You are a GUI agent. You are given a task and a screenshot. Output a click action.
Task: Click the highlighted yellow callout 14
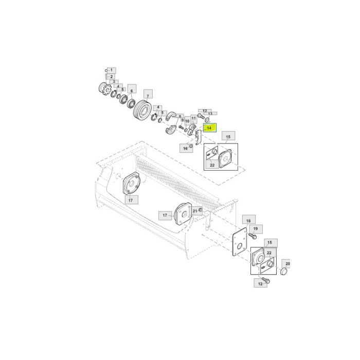[210, 128]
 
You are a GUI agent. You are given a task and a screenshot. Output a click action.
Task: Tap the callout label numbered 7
[147, 96]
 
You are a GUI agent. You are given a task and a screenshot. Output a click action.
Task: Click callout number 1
[112, 70]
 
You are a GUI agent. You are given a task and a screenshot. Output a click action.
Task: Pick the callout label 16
[184, 148]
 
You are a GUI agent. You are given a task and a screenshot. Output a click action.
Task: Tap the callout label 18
[248, 221]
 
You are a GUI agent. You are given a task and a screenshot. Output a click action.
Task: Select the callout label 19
[255, 228]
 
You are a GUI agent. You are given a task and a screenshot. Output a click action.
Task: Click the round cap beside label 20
[284, 271]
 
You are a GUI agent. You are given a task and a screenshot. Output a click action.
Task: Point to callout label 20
[288, 263]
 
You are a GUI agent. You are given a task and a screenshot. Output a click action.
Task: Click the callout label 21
[195, 211]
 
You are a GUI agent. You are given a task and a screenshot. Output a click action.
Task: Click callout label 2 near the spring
[111, 77]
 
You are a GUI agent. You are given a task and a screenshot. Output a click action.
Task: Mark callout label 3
[114, 82]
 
